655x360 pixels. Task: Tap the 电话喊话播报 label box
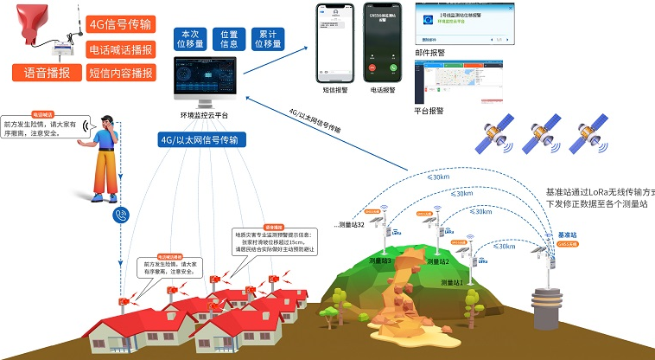[x=121, y=50]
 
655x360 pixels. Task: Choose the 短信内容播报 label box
[x=121, y=74]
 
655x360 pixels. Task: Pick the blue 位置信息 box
[x=230, y=38]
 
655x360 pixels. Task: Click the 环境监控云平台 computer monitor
[x=205, y=84]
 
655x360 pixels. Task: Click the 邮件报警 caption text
[x=429, y=52]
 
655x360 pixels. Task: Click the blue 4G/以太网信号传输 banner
[x=200, y=138]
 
